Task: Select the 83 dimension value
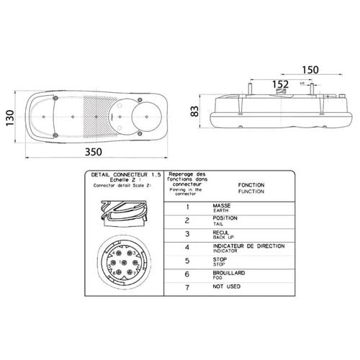pyautogui.click(x=194, y=112)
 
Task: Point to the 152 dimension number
pyautogui.click(x=282, y=85)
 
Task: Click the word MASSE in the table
pyautogui.click(x=221, y=206)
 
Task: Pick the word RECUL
pyautogui.click(x=221, y=232)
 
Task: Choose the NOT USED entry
pyautogui.click(x=228, y=288)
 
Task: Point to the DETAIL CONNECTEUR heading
pyautogui.click(x=120, y=175)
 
